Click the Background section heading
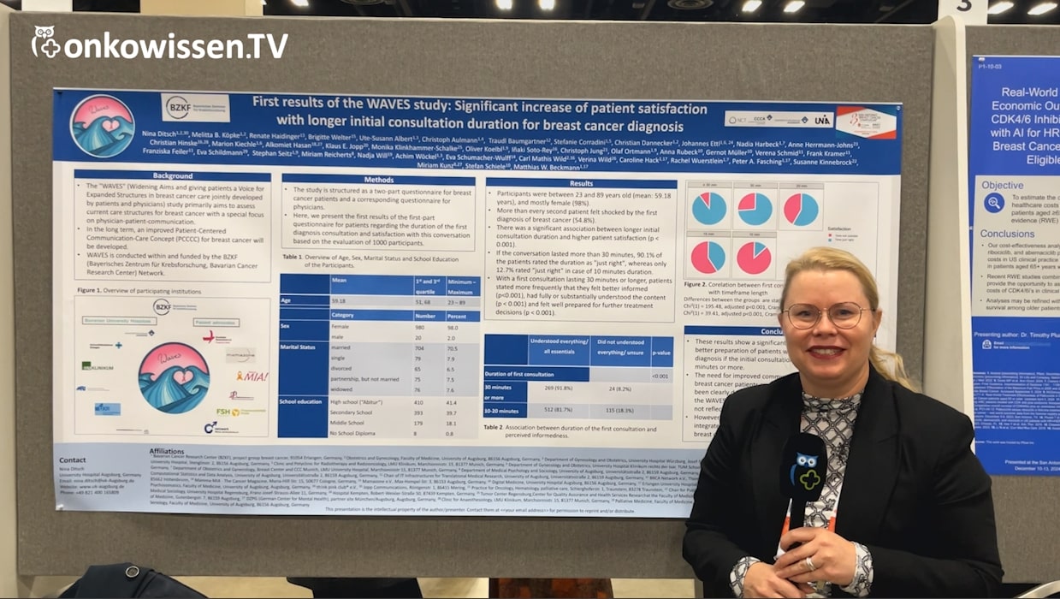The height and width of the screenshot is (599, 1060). (173, 175)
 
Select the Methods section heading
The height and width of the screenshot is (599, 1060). (378, 180)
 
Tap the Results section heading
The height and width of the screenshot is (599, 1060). (581, 183)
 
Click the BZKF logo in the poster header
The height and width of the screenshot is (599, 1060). (195, 107)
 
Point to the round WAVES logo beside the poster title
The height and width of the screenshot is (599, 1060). (102, 126)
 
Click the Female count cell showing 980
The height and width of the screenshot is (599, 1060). (419, 325)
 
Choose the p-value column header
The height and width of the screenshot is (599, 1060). (660, 352)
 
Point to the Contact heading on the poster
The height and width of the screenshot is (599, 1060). (73, 460)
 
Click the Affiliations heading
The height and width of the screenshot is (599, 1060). (168, 451)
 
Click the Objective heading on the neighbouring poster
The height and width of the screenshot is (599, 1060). (1002, 185)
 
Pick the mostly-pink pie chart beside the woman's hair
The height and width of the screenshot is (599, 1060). (754, 258)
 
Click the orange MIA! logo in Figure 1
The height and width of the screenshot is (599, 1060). (252, 377)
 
